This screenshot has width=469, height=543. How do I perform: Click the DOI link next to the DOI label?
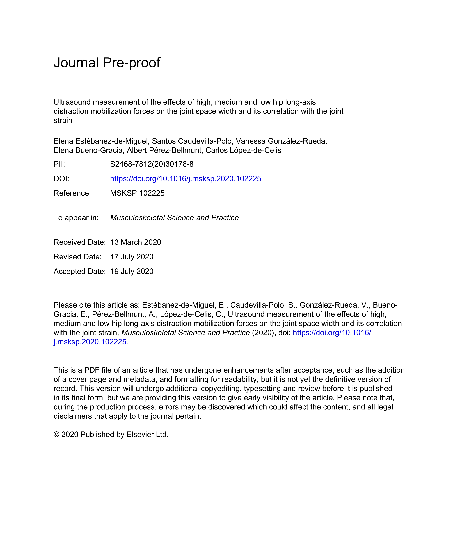(x=185, y=179)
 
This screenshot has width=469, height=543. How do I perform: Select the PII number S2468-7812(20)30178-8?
(x=152, y=164)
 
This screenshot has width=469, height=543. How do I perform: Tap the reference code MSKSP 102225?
(x=137, y=193)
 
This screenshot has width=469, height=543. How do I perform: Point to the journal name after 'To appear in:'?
(x=174, y=218)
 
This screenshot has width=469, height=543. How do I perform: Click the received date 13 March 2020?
(x=136, y=242)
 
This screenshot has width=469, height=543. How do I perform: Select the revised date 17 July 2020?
(x=132, y=257)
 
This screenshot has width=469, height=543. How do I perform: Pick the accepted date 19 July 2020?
(x=132, y=271)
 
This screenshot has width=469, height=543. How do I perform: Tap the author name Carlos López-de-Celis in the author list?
(x=243, y=150)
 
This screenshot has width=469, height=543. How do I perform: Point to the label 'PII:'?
(x=59, y=164)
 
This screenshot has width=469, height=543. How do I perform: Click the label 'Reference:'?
(x=72, y=193)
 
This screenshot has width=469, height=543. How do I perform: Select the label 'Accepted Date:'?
(x=80, y=271)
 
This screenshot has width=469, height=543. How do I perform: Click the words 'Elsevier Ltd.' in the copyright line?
(x=147, y=435)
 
